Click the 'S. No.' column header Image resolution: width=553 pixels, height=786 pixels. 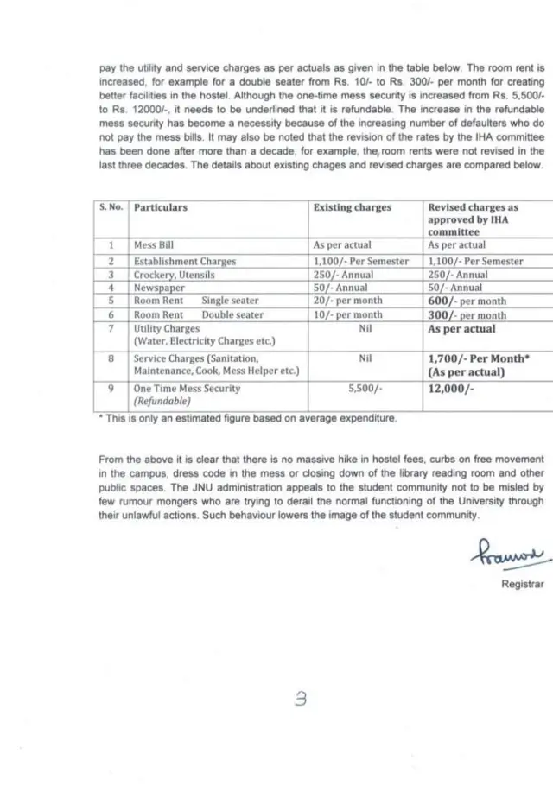tap(111, 208)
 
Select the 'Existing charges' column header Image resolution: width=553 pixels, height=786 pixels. tap(352, 208)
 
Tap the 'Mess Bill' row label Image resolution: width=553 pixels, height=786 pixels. tap(154, 245)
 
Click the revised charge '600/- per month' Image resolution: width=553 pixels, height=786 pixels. tap(467, 301)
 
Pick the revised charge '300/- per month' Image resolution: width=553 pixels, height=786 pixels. tap(467, 315)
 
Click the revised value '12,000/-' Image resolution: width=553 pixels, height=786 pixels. tap(452, 389)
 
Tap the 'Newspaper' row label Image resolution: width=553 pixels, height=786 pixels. tap(159, 287)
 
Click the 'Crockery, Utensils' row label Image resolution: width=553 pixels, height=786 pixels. tap(175, 274)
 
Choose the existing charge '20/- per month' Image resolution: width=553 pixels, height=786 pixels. tap(347, 301)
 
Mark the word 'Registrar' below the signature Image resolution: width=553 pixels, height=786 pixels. tap(523, 584)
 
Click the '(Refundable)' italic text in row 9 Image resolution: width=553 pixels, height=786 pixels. tap(162, 402)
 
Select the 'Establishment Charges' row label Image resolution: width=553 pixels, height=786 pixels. tap(185, 261)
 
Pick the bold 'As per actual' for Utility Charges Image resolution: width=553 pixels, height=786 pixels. tap(462, 329)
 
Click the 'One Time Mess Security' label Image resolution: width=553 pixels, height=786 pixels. tap(187, 389)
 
